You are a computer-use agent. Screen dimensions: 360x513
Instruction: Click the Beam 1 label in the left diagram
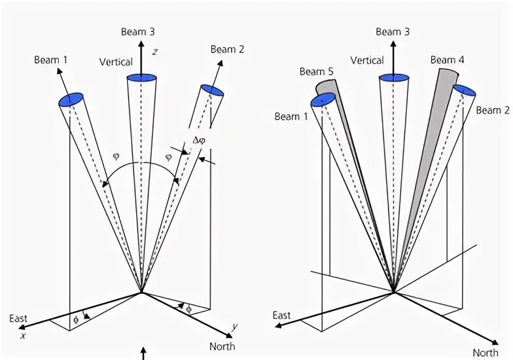(51, 60)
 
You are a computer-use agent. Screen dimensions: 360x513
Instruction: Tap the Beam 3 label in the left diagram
(137, 32)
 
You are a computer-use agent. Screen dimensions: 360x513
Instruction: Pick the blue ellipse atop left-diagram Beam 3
(141, 79)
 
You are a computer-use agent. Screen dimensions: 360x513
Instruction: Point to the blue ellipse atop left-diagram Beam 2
(212, 90)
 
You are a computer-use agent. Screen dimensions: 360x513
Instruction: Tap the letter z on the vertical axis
(154, 52)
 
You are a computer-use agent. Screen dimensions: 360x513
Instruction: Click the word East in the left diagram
(18, 319)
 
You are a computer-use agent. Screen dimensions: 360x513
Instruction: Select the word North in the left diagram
(222, 346)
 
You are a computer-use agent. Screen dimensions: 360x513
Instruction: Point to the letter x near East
(22, 335)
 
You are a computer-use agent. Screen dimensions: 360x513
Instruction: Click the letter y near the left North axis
(234, 327)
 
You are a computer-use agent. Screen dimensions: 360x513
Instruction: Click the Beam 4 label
(447, 60)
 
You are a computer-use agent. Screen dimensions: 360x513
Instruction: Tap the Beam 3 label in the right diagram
(393, 32)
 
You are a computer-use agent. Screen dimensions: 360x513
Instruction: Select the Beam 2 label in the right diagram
(492, 110)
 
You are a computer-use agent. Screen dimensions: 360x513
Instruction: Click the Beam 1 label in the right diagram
(291, 117)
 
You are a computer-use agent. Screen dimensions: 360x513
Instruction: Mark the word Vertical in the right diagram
(367, 60)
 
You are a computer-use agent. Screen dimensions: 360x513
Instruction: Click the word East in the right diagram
(281, 315)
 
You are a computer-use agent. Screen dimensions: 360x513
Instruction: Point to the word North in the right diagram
(486, 353)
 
